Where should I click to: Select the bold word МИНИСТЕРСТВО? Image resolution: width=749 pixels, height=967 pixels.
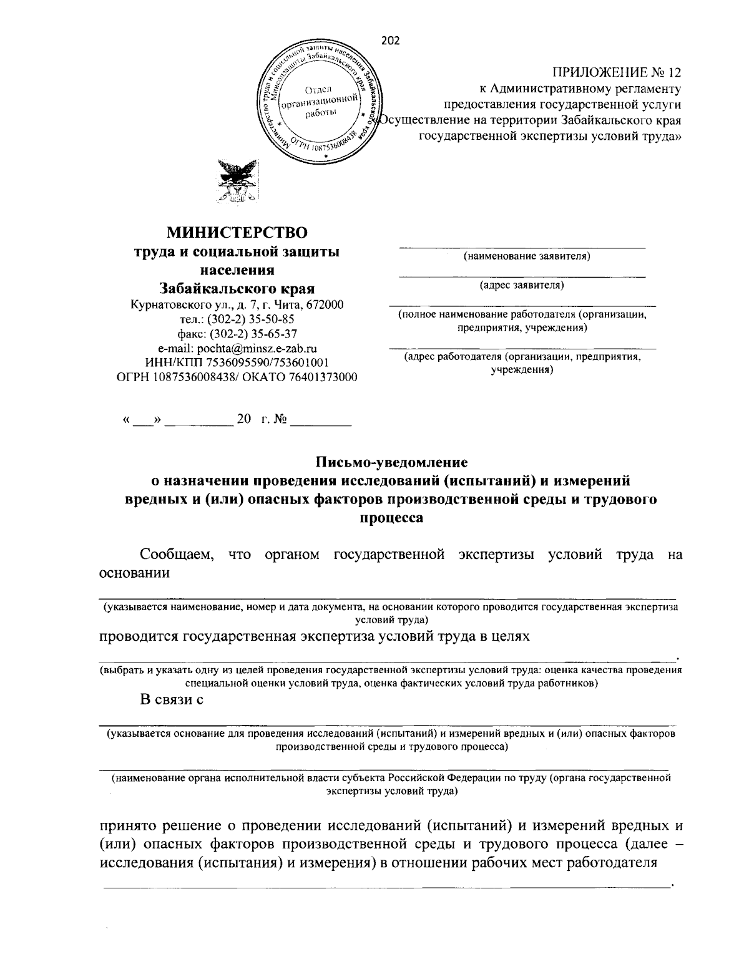click(x=237, y=233)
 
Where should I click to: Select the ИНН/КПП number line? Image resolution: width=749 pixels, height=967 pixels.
click(x=237, y=362)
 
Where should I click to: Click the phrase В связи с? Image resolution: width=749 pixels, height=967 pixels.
click(x=172, y=699)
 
